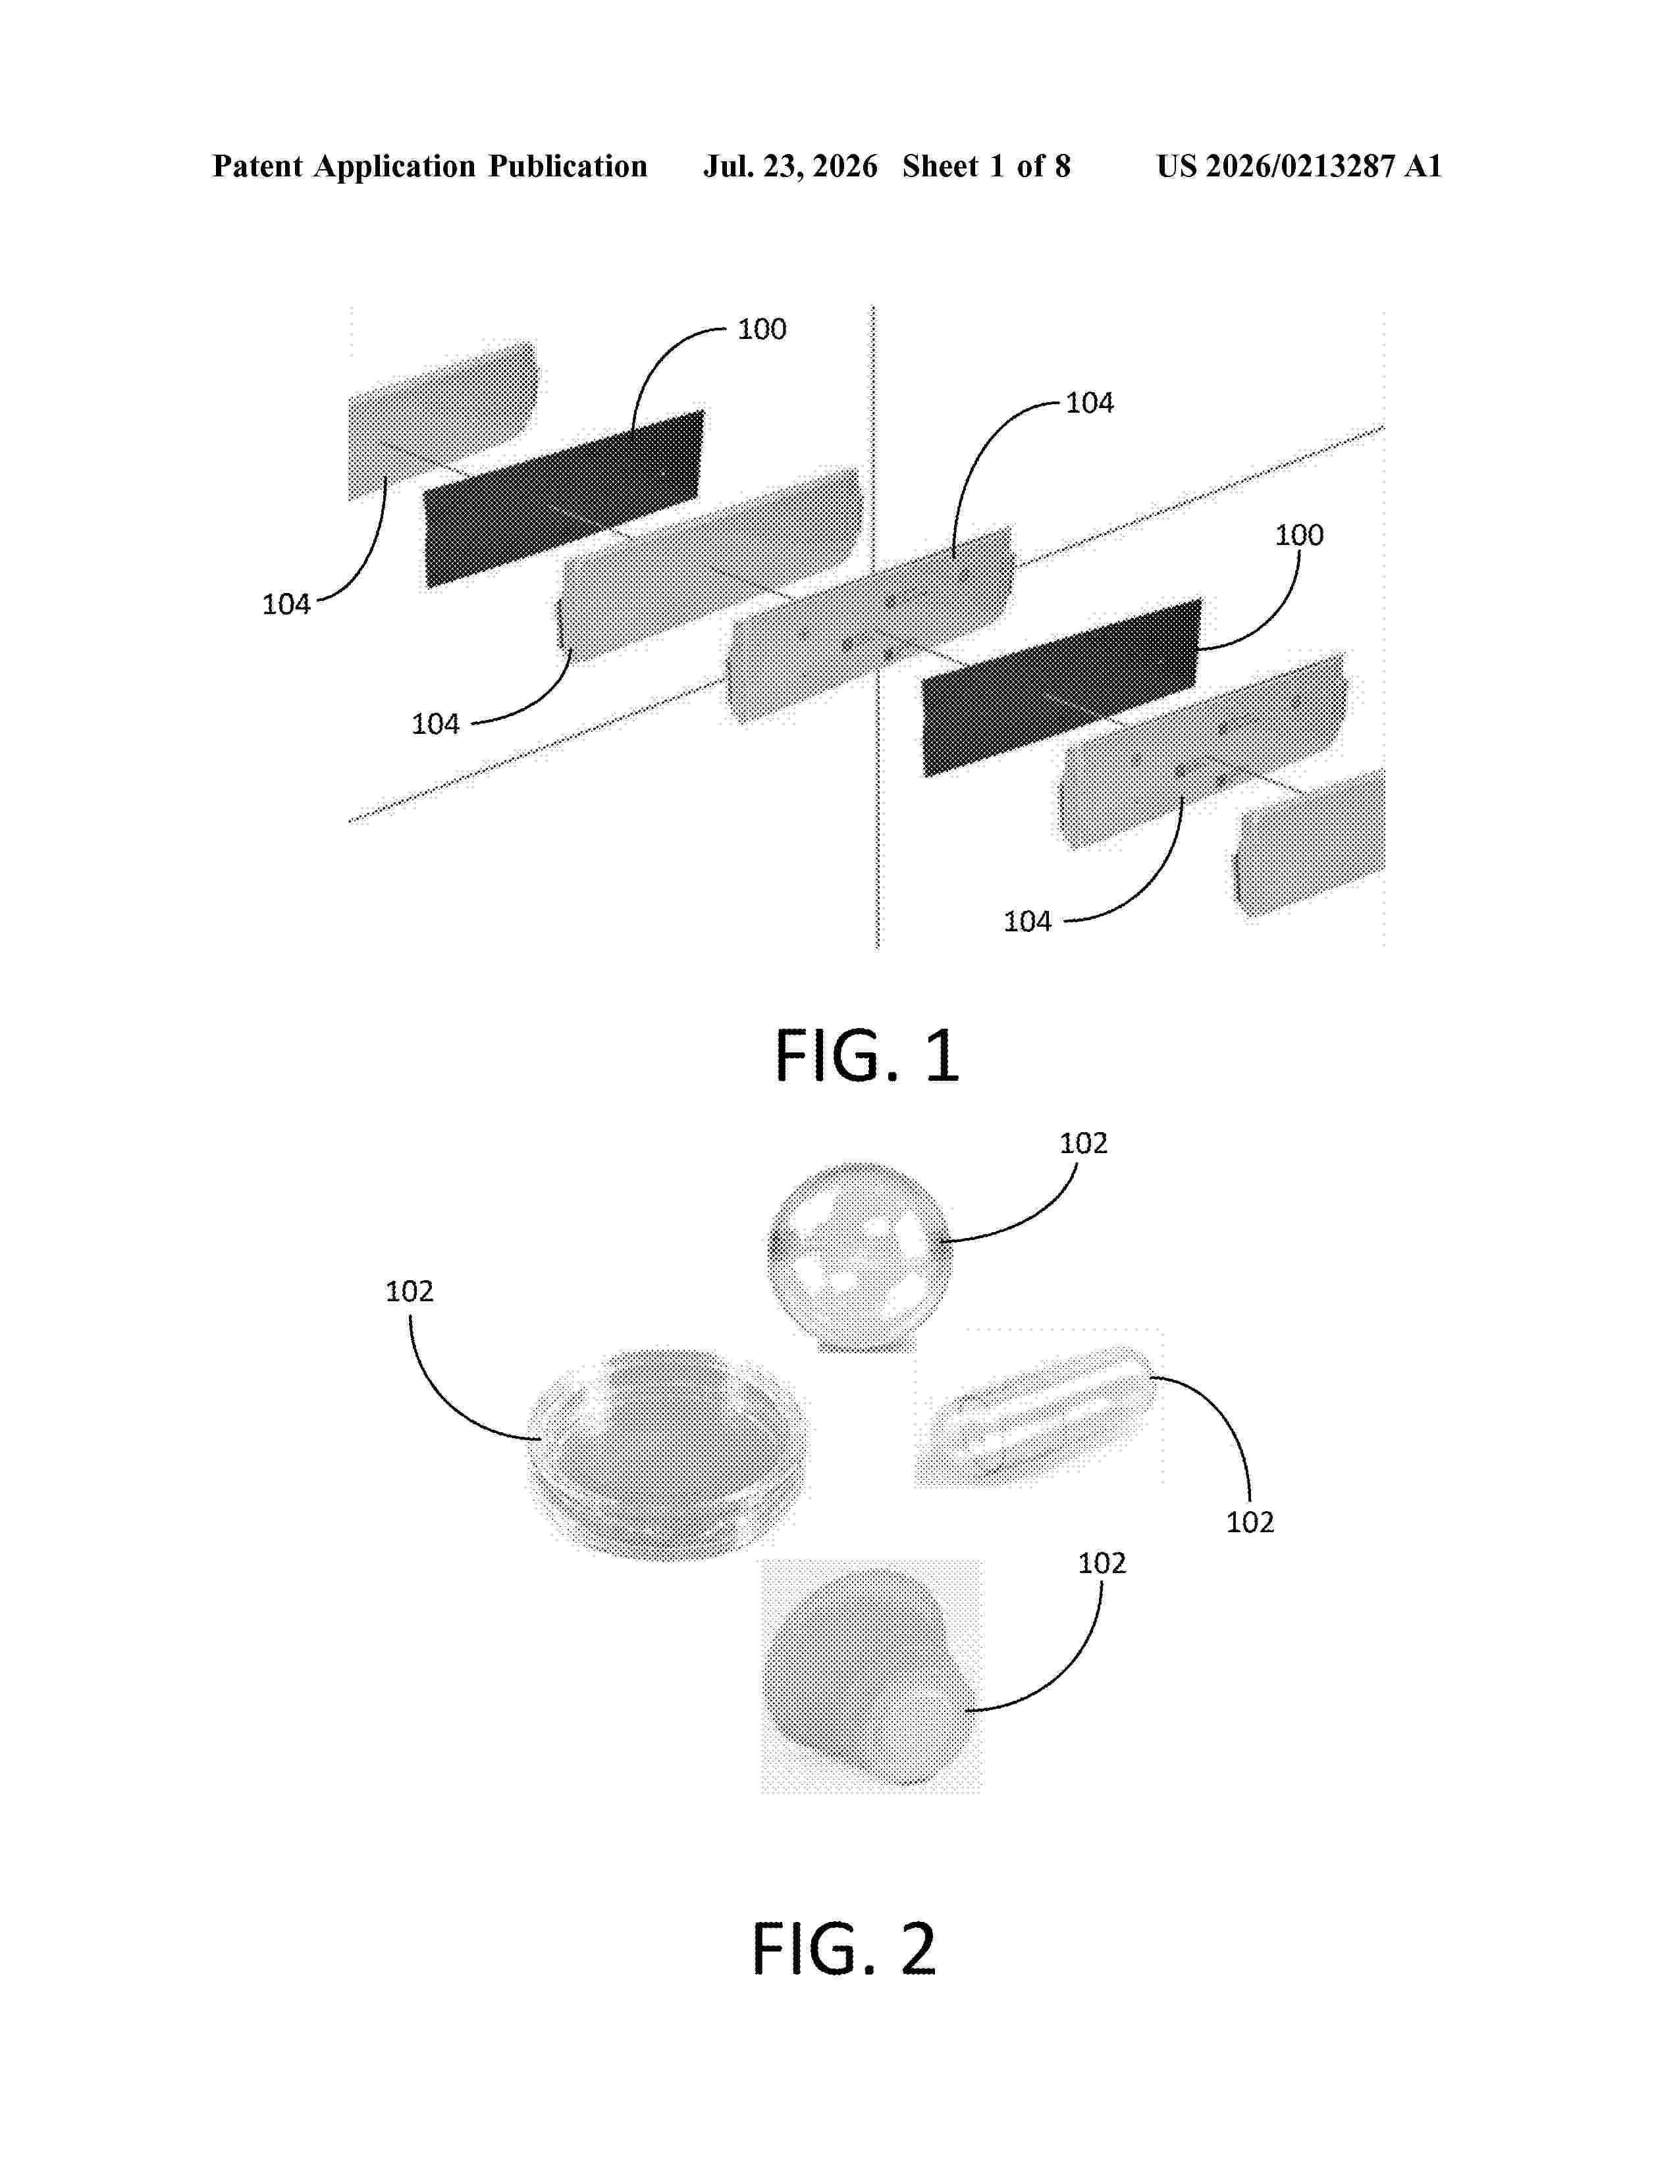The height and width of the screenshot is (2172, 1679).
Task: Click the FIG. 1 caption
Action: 867,1056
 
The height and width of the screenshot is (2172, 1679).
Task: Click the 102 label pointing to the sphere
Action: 1083,1144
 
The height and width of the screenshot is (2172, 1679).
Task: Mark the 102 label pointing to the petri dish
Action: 410,1292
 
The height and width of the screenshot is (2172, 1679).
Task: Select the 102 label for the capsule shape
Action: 1250,1522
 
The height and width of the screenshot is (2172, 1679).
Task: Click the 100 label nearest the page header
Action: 762,329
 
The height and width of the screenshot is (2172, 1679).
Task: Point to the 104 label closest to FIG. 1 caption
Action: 1028,922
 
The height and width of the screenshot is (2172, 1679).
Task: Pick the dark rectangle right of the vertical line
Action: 1062,687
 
